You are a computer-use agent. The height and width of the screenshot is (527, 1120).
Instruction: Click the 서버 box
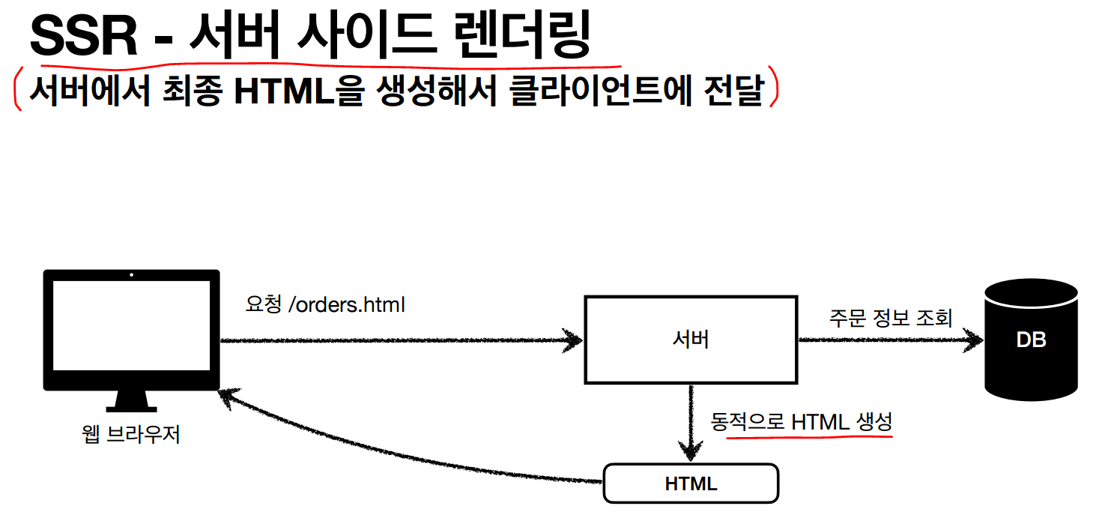[x=690, y=340]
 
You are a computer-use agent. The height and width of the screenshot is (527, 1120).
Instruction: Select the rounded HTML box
[x=691, y=484]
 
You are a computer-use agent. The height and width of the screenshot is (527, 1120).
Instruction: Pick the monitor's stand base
[x=131, y=409]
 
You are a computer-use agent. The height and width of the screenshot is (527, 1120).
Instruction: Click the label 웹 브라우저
[x=131, y=435]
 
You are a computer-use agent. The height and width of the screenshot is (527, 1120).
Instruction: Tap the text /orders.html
[x=346, y=305]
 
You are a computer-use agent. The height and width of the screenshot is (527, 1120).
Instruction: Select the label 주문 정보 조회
[x=890, y=318]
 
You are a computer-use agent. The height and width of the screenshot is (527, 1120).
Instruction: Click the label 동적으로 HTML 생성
[x=801, y=422]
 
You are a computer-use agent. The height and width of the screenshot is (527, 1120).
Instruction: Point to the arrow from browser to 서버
[x=397, y=340]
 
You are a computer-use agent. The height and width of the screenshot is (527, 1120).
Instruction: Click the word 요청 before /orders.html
[x=263, y=305]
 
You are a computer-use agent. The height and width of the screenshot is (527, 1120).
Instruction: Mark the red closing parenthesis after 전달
[x=774, y=91]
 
